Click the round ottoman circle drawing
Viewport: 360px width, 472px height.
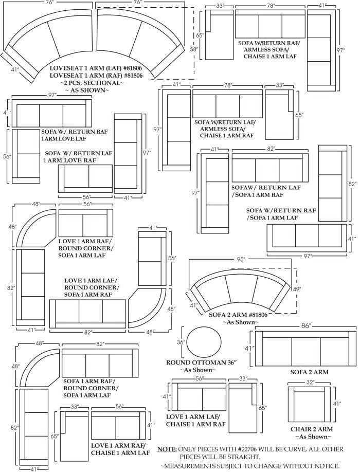204,342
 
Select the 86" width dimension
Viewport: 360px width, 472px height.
307,325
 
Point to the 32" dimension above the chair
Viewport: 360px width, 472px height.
310,382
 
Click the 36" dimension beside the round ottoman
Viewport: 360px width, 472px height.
181,342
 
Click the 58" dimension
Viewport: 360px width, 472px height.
193,50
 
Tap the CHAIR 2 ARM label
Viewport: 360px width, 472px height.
311,429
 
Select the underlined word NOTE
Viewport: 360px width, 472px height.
167,449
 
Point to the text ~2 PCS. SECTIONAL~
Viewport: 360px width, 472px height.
92,83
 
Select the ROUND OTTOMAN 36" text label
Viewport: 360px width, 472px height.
201,362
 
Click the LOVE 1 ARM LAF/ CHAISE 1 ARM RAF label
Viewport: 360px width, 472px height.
195,420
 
